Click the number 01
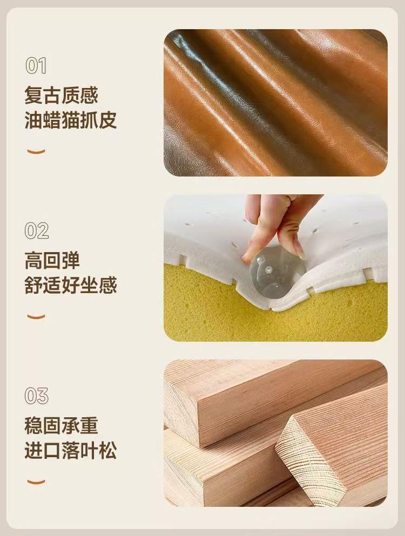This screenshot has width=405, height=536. click(x=36, y=66)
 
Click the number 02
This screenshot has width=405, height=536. click(x=36, y=230)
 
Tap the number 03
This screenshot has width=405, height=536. click(x=36, y=396)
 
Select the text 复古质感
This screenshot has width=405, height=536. click(x=61, y=95)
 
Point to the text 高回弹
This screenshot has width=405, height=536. click(x=52, y=260)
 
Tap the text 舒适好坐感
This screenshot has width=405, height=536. click(x=70, y=285)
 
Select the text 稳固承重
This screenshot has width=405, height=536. click(x=61, y=425)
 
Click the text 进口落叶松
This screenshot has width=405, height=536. click(x=70, y=450)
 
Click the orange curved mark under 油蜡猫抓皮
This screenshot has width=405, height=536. click(x=36, y=152)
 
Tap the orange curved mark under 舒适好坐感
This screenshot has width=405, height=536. click(x=36, y=317)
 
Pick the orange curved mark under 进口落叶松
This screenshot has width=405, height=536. click(x=36, y=482)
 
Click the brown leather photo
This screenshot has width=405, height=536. click(x=276, y=103)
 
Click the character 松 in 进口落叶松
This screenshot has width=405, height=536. click(x=108, y=450)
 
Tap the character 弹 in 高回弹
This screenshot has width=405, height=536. click(x=70, y=260)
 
